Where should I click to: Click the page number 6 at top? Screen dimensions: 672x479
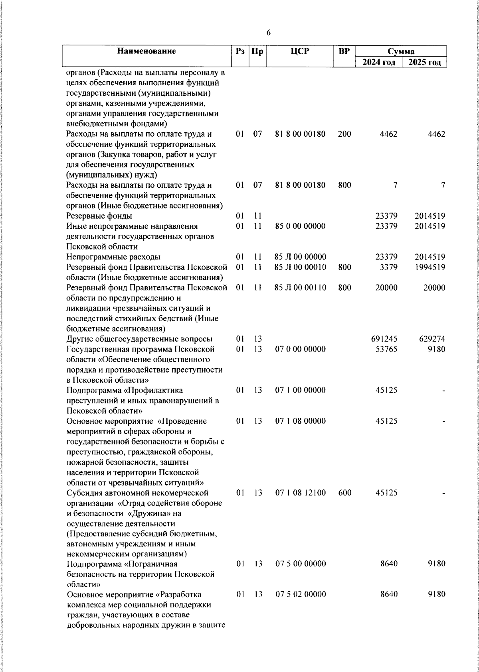tap(268, 33)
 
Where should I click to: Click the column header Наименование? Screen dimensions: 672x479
tap(147, 51)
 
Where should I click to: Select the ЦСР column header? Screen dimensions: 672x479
tap(300, 51)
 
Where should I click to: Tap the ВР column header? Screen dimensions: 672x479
tap(344, 51)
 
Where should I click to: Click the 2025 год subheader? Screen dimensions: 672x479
tap(425, 63)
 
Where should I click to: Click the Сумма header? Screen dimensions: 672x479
tap(401, 51)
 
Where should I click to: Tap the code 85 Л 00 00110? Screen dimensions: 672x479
tap(301, 288)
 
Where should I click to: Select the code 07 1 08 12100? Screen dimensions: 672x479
tap(301, 493)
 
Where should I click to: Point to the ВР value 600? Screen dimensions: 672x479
tap(344, 493)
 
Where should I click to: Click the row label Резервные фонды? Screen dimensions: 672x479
tap(99, 216)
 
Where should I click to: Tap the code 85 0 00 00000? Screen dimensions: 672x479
tap(301, 226)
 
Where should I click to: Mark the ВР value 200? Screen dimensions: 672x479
tap(344, 134)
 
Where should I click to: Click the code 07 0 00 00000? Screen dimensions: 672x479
tap(301, 349)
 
